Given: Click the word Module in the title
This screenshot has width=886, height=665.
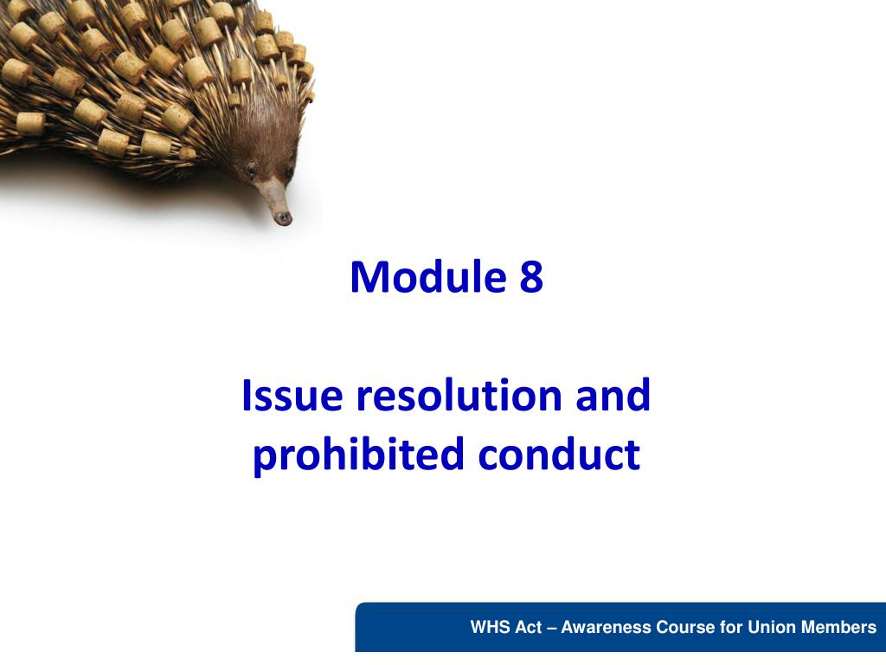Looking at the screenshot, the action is coord(428,276).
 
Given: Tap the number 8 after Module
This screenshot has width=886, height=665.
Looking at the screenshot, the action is coord(531,277).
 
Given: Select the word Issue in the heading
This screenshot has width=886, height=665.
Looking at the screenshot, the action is coord(292,395).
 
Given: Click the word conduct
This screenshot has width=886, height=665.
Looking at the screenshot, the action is coord(560,454).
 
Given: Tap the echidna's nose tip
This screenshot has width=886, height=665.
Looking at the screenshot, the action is coord(283,218).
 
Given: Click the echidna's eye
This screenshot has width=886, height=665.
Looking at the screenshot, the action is coord(251,167).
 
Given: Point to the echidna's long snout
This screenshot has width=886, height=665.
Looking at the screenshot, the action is coord(273,199).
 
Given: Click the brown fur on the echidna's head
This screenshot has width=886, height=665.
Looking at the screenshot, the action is coord(265,136).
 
